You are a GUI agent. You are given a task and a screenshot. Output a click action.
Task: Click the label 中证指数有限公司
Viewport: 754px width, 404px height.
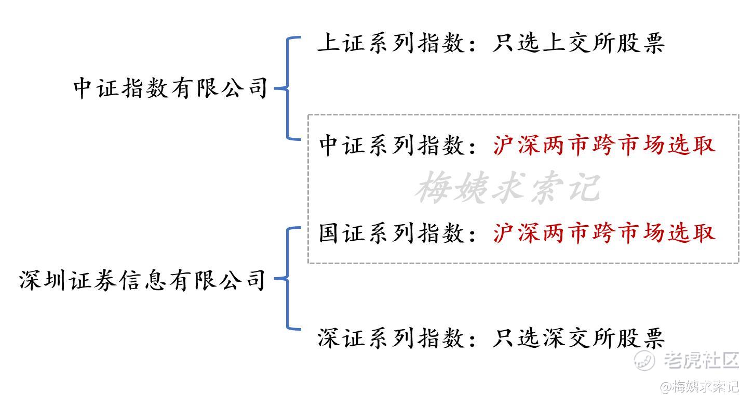(x=170, y=88)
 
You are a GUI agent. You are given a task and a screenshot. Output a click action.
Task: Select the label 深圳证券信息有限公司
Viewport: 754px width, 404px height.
(x=143, y=280)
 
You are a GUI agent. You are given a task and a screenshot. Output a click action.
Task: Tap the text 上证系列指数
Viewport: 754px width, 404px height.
(x=391, y=43)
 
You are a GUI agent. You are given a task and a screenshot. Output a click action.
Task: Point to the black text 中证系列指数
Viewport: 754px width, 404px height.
(x=392, y=146)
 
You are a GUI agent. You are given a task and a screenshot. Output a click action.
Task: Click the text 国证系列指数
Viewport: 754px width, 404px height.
(x=392, y=233)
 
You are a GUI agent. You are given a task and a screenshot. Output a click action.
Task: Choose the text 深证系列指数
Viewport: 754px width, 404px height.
(x=391, y=338)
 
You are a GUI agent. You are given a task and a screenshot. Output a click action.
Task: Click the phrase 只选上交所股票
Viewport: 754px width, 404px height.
(x=578, y=43)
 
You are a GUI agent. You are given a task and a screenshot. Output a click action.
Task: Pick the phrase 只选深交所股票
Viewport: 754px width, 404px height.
(x=578, y=338)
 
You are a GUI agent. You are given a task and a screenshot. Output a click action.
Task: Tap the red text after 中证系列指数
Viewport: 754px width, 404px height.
(x=604, y=146)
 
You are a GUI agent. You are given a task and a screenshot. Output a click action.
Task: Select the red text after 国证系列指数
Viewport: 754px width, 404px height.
(x=604, y=233)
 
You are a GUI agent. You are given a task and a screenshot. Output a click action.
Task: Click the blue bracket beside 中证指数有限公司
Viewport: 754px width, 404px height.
(x=287, y=88)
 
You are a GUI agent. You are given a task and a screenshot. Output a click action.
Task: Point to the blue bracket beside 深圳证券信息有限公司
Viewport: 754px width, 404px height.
(x=287, y=278)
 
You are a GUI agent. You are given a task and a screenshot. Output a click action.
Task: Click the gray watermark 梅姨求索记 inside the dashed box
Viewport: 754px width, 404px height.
(x=508, y=187)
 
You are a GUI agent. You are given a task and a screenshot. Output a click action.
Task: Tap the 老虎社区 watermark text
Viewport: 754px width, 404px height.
(x=702, y=360)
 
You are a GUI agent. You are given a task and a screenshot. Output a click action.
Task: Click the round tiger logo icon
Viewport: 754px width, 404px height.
(x=644, y=360)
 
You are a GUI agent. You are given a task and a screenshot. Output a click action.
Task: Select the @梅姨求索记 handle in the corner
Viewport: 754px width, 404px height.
(x=699, y=387)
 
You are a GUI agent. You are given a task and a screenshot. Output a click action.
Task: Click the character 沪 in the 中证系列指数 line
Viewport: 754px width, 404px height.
(x=504, y=146)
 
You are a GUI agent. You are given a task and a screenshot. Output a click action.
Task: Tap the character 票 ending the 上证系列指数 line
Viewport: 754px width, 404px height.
(x=654, y=43)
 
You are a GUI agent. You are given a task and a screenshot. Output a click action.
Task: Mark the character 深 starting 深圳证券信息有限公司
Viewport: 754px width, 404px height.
(x=30, y=280)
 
